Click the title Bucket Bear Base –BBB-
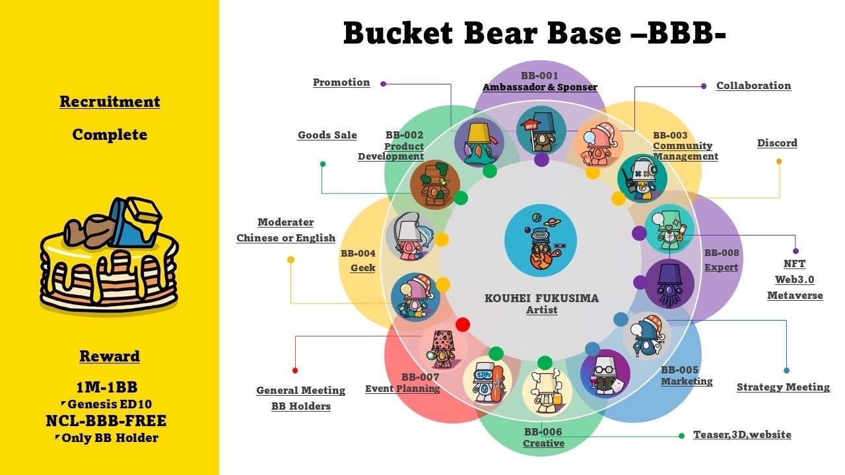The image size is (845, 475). pyautogui.click(x=534, y=33)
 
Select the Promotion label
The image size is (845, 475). pyautogui.click(x=341, y=82)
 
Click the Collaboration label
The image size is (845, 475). pyautogui.click(x=753, y=86)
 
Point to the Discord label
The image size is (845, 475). pyautogui.click(x=777, y=143)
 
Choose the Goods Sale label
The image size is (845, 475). pyautogui.click(x=327, y=135)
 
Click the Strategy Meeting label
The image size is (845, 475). pyautogui.click(x=783, y=387)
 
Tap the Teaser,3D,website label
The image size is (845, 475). pyautogui.click(x=742, y=435)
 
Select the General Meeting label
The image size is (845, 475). pyautogui.click(x=300, y=391)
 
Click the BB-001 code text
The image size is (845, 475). pyautogui.click(x=539, y=76)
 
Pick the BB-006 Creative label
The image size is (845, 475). pyautogui.click(x=543, y=438)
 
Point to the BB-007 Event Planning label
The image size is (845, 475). pyautogui.click(x=403, y=383)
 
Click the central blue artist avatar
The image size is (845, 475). pyautogui.click(x=540, y=240)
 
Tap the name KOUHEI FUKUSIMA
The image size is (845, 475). pyautogui.click(x=541, y=298)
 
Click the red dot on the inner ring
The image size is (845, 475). pyautogui.click(x=463, y=325)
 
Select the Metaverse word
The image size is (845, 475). pyautogui.click(x=795, y=296)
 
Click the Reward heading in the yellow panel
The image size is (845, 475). pyautogui.click(x=110, y=357)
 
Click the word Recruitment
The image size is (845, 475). pyautogui.click(x=110, y=102)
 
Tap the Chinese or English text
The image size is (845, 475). pyautogui.click(x=286, y=238)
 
